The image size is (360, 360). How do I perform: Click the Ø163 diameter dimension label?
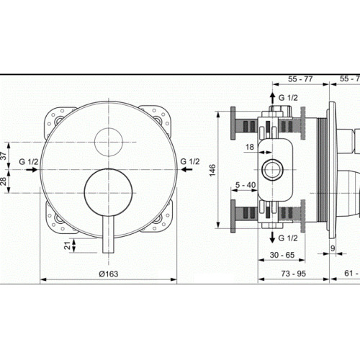pyautogui.click(x=109, y=274)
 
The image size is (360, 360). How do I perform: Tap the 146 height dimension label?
pyautogui.click(x=212, y=170)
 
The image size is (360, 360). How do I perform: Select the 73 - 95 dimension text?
pyautogui.click(x=294, y=274)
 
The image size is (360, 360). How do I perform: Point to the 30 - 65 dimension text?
pyautogui.click(x=282, y=255)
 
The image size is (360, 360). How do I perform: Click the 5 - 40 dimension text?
pyautogui.click(x=246, y=185)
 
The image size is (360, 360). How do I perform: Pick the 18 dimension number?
pyautogui.click(x=250, y=147)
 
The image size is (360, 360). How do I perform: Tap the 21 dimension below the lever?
pyautogui.click(x=68, y=246)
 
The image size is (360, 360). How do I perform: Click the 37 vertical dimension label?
pyautogui.click(x=4, y=156)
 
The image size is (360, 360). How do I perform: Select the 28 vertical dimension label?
pyautogui.click(x=4, y=181)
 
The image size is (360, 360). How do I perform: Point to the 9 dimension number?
pyautogui.click(x=333, y=248)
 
